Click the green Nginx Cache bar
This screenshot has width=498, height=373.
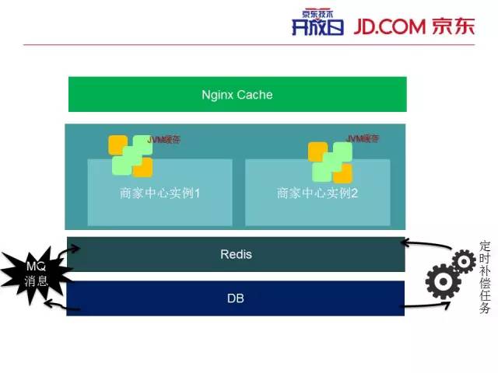[237, 95]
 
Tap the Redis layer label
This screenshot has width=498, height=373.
[237, 254]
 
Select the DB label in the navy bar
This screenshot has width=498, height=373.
[237, 298]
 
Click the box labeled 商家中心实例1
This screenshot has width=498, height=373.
[160, 193]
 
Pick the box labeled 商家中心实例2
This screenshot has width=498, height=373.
[317, 193]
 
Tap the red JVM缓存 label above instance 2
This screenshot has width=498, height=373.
[362, 139]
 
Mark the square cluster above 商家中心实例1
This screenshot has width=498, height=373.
[131, 155]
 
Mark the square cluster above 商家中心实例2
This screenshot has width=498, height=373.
[330, 162]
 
